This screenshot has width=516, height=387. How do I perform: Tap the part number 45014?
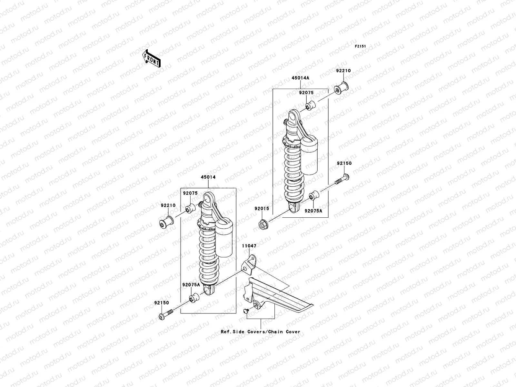tap(208, 177)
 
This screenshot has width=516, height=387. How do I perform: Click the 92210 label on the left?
tap(168, 205)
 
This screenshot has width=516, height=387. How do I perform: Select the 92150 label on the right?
tap(344, 163)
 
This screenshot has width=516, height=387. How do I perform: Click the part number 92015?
tap(261, 209)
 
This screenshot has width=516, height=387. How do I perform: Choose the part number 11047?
tap(249, 246)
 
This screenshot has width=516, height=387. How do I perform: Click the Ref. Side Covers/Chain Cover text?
tap(260, 332)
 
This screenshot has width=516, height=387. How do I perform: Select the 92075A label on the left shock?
tap(191, 285)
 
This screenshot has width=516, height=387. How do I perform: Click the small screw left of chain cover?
tap(245, 311)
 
